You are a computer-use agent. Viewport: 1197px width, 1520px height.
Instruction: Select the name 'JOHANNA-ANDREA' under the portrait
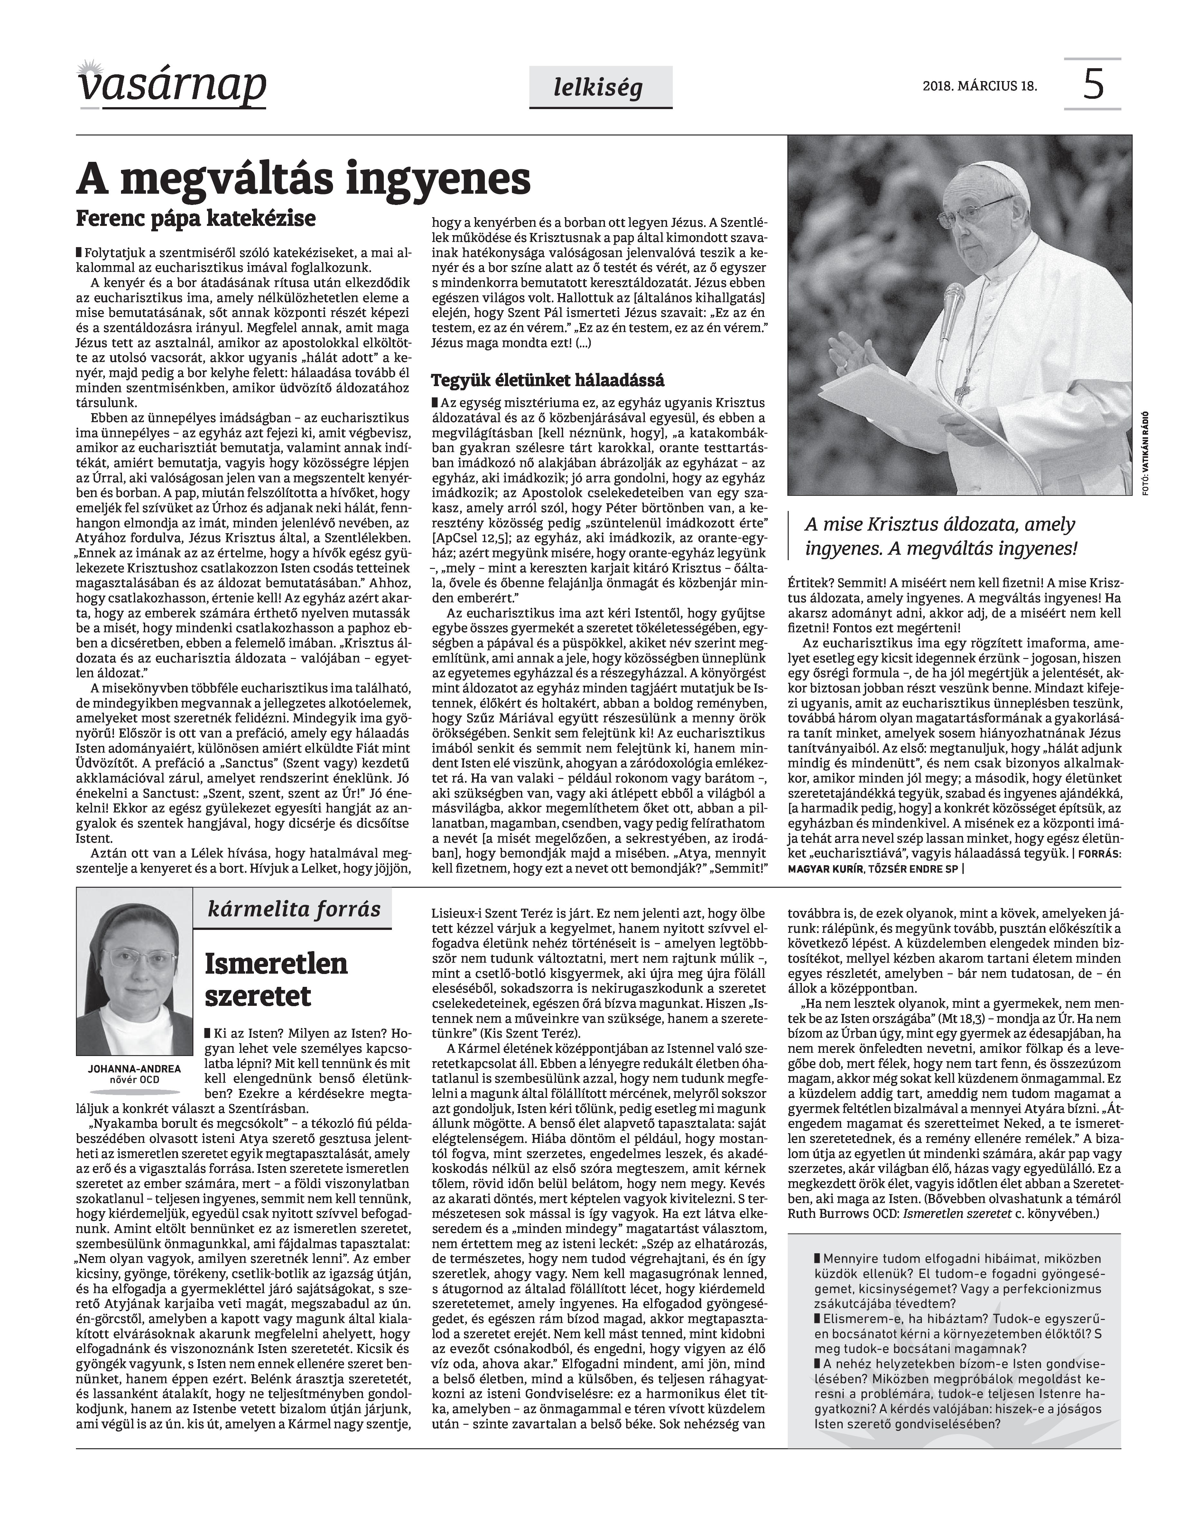pos(134,1070)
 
